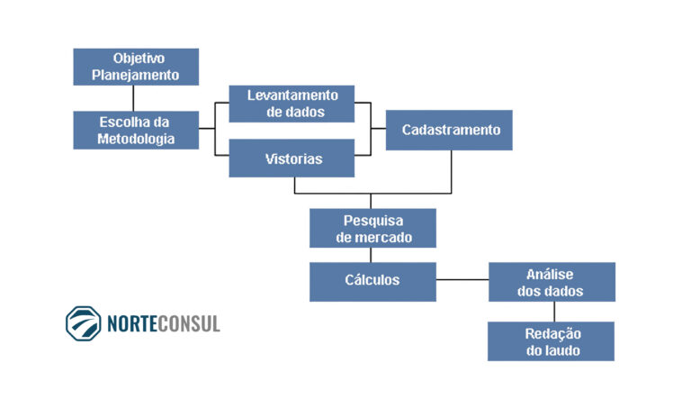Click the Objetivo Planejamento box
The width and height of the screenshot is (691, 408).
click(x=136, y=67)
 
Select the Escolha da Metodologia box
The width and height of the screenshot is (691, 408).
click(x=136, y=130)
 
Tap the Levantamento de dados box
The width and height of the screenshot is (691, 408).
click(x=292, y=104)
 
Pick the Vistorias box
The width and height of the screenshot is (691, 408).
click(x=292, y=159)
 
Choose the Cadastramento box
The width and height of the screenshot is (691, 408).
click(x=449, y=130)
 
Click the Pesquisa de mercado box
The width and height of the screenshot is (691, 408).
click(x=372, y=229)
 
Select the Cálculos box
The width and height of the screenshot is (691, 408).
click(x=372, y=280)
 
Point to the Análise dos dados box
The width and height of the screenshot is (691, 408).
click(x=551, y=282)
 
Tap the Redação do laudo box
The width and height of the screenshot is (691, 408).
click(x=551, y=341)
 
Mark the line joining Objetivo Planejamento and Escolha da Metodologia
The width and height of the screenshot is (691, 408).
click(x=134, y=98)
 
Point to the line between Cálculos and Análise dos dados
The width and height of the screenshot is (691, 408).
click(x=462, y=279)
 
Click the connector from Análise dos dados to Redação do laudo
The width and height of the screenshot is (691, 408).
click(x=552, y=312)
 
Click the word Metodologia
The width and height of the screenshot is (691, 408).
click(x=136, y=139)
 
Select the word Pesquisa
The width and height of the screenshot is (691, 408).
click(x=372, y=221)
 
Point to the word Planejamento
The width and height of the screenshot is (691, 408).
click(x=136, y=75)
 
